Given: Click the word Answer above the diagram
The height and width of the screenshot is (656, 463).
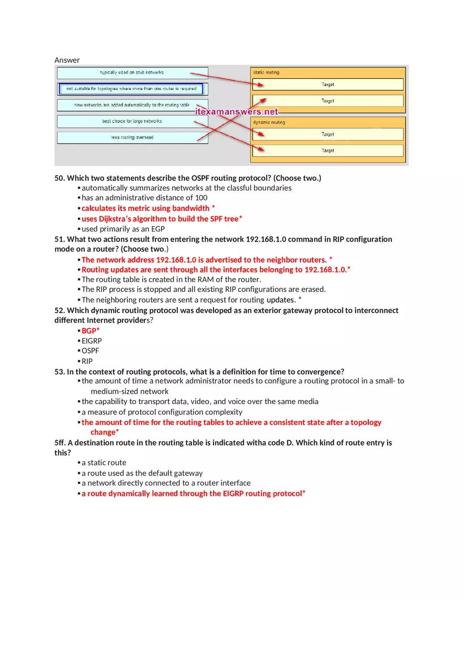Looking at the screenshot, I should (67, 60).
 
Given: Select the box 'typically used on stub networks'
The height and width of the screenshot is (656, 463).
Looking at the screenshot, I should (132, 73).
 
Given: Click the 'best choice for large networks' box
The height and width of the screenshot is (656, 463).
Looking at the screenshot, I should (132, 122).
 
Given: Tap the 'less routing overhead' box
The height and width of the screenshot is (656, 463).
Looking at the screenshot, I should (132, 138).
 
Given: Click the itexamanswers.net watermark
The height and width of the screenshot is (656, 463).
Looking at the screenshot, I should (237, 112).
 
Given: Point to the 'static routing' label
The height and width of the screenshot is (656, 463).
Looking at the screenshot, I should (266, 73).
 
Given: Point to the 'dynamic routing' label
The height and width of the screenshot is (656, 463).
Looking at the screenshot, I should (269, 123).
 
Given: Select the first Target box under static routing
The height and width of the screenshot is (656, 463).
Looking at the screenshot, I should (328, 84).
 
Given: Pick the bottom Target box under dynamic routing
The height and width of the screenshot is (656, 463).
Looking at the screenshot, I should (328, 150).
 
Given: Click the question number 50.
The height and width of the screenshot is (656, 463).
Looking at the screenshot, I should (59, 178).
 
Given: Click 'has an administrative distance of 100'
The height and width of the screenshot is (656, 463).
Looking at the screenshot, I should (144, 198).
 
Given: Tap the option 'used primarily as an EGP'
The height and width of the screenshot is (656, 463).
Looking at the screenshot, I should (123, 229).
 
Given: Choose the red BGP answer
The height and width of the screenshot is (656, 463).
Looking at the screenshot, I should (89, 330).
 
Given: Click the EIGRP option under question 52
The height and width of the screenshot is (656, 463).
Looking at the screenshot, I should (92, 341).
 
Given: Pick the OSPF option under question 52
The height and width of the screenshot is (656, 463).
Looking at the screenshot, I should (90, 351).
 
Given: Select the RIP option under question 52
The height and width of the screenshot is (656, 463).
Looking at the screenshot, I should (87, 361).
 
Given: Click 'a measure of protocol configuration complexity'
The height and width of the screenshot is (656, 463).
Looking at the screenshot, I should (162, 412).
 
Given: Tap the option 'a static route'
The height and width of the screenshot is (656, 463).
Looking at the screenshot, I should (104, 462).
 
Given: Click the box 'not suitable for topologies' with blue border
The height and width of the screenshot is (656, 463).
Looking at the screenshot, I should (131, 89).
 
